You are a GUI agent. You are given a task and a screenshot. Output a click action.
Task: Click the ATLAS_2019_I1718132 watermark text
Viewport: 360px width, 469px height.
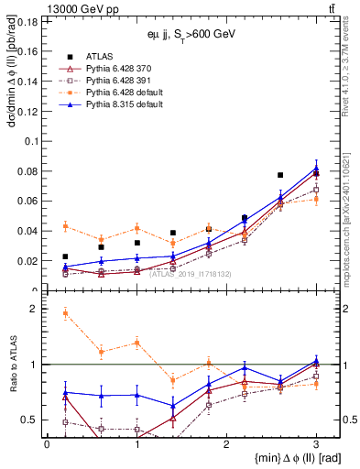point(189,273)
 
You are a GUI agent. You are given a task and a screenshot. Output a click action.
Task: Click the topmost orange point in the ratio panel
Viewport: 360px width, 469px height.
point(65,313)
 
